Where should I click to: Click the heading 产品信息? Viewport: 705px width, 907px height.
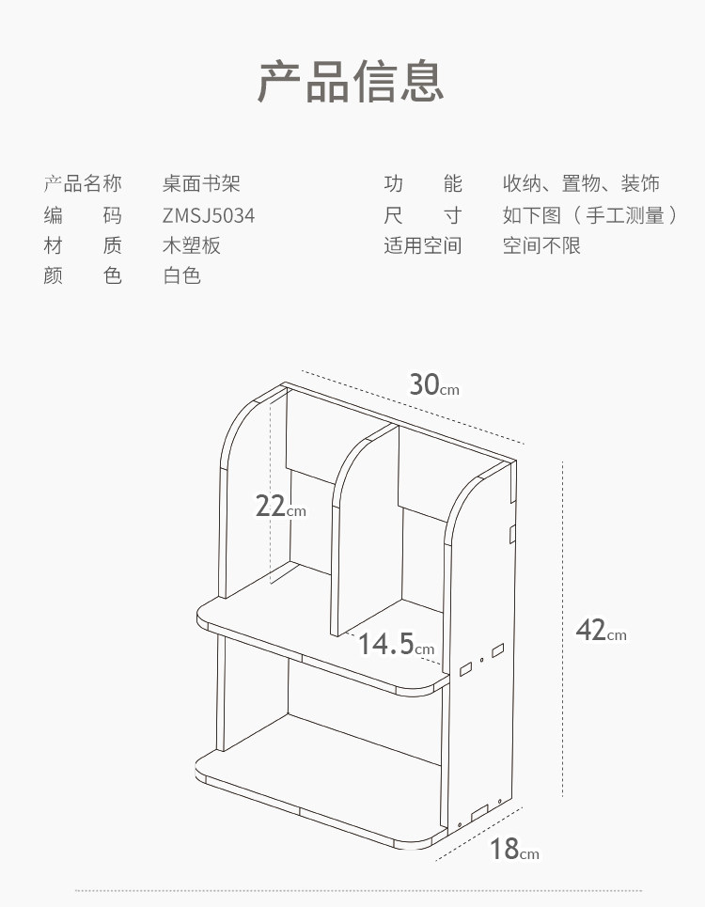(351, 82)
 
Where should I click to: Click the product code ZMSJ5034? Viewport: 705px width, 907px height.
(208, 216)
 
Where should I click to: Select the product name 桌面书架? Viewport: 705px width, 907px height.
(201, 184)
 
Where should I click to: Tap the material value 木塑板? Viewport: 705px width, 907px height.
(192, 246)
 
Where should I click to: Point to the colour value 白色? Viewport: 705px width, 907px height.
(181, 276)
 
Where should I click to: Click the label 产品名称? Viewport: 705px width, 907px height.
(83, 184)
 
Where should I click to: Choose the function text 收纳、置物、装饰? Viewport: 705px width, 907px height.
(581, 184)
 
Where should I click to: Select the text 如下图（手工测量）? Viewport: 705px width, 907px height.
(589, 216)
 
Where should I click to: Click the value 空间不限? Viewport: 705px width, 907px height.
(541, 246)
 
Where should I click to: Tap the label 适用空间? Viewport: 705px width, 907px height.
(423, 246)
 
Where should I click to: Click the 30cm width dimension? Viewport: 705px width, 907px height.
(433, 385)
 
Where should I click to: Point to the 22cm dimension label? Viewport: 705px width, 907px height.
(280, 507)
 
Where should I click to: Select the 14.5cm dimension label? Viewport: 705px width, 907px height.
(396, 645)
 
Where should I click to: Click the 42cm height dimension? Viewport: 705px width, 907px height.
(601, 631)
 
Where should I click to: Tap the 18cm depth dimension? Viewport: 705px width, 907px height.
(514, 850)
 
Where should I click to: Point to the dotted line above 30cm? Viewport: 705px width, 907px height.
(414, 406)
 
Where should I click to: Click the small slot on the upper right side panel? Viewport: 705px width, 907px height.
(512, 534)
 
